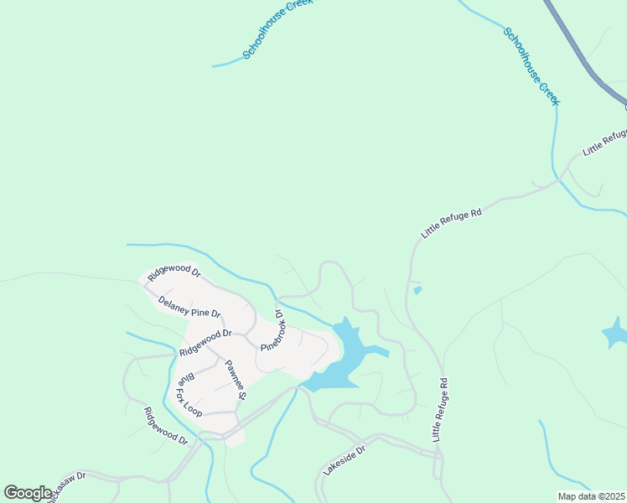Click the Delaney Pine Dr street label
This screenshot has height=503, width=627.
[x=189, y=307]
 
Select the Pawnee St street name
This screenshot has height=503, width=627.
[x=235, y=379]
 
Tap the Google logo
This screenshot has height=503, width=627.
[x=28, y=493]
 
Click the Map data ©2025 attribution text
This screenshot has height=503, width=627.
[x=591, y=496]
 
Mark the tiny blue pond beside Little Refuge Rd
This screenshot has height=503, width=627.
[x=417, y=291]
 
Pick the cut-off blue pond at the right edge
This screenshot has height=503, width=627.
[x=616, y=333]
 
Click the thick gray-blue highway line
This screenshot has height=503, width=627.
[x=578, y=50]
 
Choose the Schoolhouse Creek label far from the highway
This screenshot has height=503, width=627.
[x=277, y=29]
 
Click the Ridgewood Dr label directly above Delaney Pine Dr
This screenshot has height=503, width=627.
[x=174, y=274]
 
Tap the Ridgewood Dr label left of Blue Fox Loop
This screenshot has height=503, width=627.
[x=165, y=425]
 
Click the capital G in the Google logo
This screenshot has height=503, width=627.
[x=12, y=493]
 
